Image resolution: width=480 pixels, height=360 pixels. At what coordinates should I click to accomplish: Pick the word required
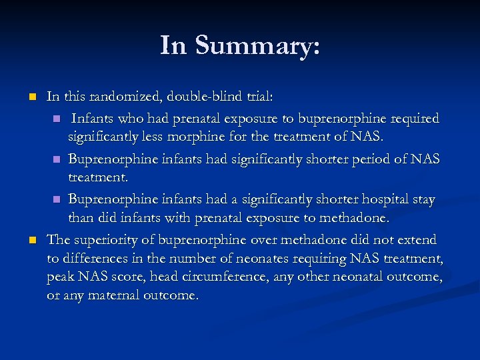pyautogui.click(x=416, y=119)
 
